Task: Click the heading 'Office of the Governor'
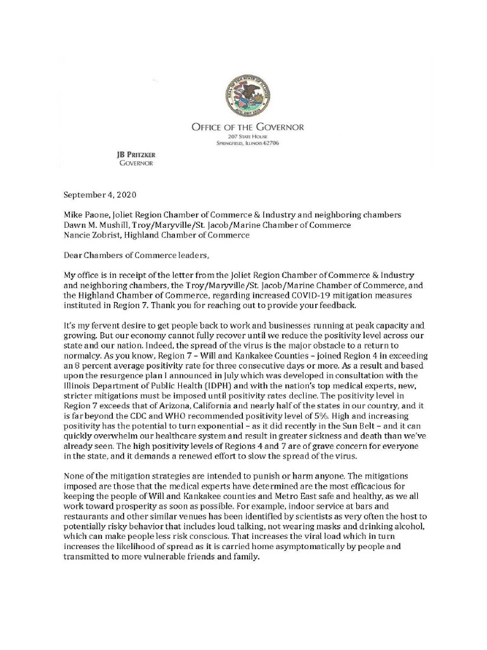point(247,127)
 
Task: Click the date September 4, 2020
point(100,194)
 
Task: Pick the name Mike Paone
point(88,215)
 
